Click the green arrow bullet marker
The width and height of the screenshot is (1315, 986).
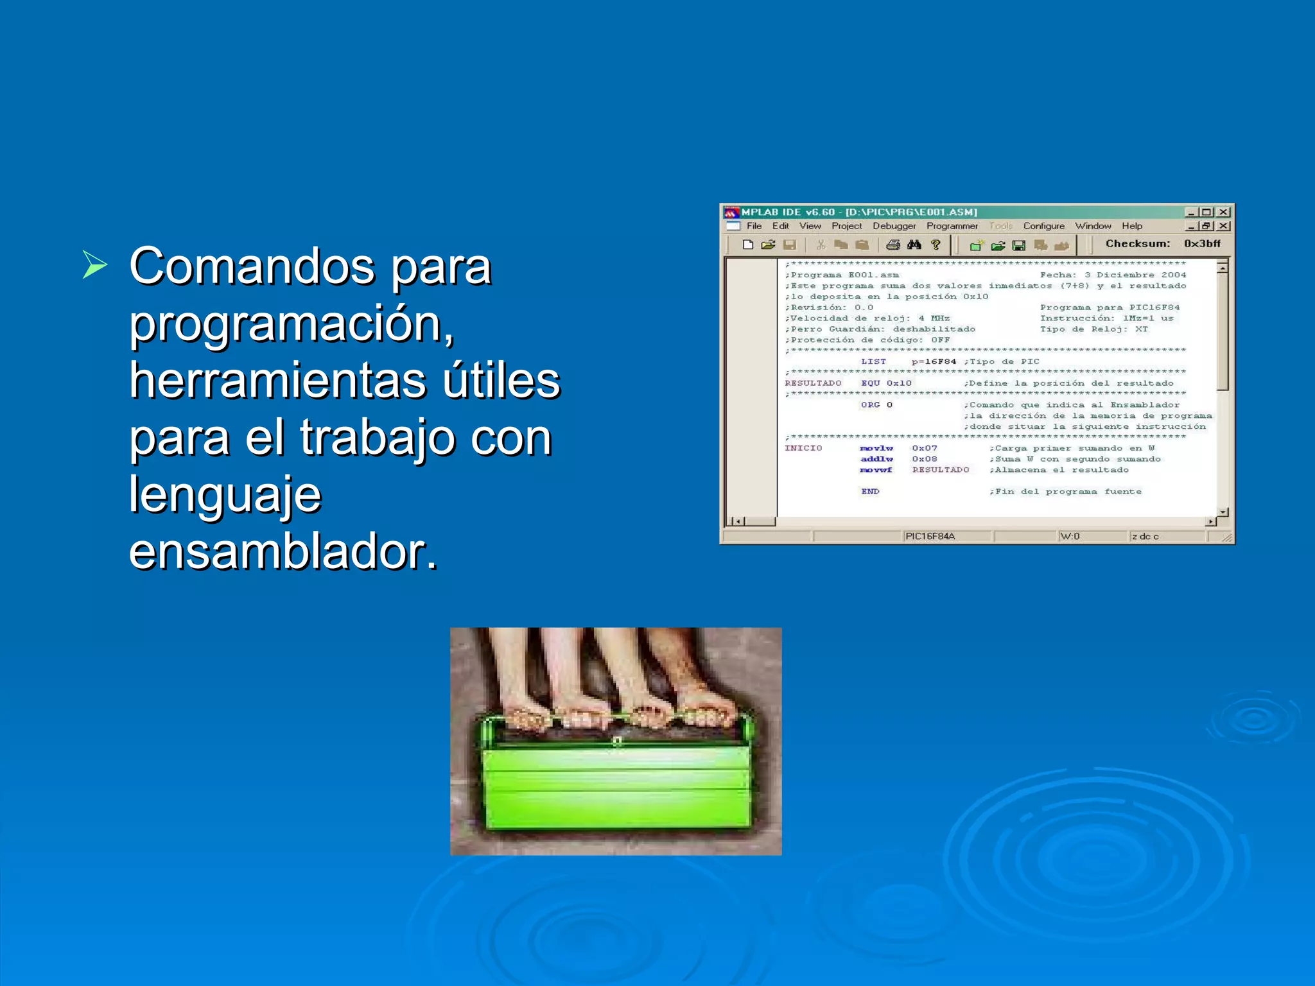(x=94, y=264)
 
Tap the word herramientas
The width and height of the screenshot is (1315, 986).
(x=276, y=380)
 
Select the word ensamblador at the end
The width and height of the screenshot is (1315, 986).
(x=283, y=551)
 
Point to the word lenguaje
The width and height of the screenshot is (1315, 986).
(x=225, y=494)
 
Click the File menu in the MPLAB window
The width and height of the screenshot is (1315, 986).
(x=754, y=226)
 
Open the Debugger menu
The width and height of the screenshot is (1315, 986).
(x=894, y=226)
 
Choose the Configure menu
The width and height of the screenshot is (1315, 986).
(x=1043, y=226)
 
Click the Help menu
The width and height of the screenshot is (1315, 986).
(x=1132, y=226)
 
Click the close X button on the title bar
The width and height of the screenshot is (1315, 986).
(x=1224, y=212)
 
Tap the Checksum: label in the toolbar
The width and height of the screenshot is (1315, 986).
(x=1137, y=243)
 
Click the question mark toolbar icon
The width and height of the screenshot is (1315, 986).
(x=936, y=245)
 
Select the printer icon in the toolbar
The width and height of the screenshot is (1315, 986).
(x=893, y=245)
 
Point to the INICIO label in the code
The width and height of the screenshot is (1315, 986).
(x=803, y=448)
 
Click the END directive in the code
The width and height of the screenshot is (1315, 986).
(x=870, y=491)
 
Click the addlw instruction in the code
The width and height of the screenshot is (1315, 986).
(x=876, y=459)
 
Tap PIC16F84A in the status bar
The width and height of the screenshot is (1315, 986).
(x=930, y=536)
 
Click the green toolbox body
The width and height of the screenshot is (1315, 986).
(x=616, y=786)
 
